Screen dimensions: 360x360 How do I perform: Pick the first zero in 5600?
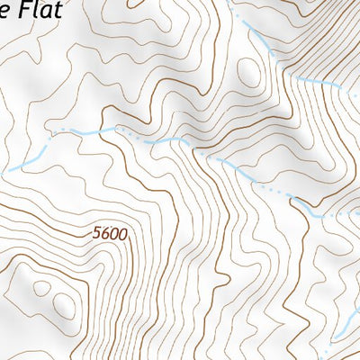tap(114, 234)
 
